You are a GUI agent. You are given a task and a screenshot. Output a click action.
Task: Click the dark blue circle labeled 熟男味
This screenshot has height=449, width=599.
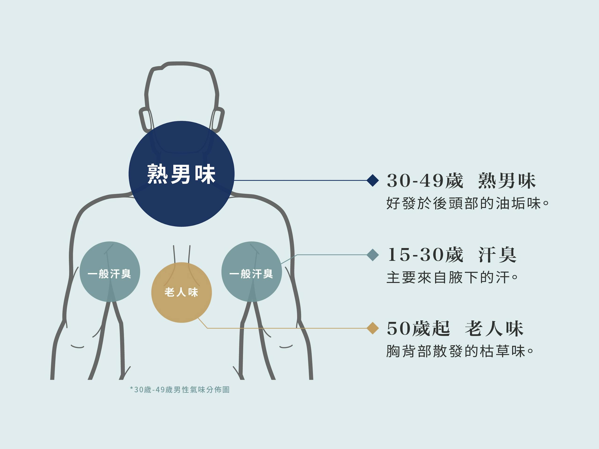181,174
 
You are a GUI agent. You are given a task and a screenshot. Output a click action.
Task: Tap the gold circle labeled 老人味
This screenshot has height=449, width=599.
181,292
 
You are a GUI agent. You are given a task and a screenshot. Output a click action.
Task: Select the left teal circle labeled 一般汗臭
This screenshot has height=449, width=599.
110,272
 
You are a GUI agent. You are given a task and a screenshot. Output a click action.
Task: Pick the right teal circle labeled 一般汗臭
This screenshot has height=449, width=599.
252,272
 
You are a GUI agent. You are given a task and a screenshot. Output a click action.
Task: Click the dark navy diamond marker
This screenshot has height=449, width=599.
373,180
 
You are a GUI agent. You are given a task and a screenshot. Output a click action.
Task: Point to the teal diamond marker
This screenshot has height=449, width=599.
373,255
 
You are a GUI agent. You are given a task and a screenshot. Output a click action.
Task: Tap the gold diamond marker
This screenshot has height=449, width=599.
373,328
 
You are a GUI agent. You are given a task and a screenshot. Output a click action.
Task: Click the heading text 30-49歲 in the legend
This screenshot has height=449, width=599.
425,181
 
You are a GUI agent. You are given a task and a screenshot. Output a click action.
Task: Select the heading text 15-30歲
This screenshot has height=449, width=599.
425,255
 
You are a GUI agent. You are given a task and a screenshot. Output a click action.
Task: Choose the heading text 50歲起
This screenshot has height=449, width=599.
418,329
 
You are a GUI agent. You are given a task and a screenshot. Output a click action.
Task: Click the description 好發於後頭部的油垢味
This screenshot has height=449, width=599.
467,203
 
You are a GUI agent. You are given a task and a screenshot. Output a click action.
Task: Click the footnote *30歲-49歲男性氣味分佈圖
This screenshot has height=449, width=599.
180,390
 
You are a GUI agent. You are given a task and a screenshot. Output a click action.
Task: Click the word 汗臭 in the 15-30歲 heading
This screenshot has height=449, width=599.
497,255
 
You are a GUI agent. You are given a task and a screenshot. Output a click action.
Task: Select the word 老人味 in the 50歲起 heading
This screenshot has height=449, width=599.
494,329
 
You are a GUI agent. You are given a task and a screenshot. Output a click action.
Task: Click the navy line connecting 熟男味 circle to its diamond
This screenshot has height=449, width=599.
301,180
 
